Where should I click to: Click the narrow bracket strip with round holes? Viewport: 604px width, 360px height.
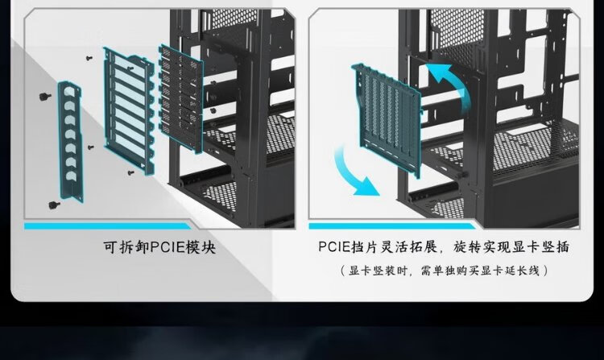tap(70, 141)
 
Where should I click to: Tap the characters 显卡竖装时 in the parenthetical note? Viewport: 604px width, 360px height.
tap(379, 271)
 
